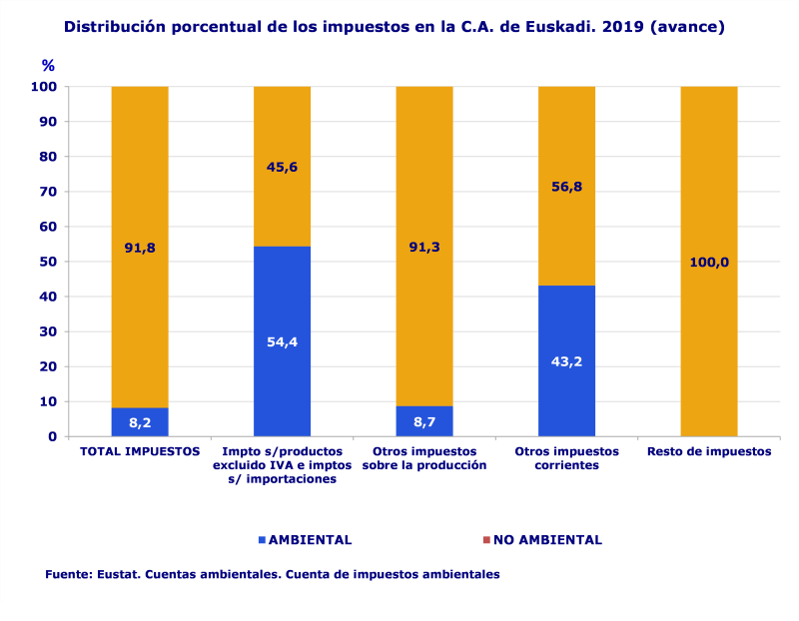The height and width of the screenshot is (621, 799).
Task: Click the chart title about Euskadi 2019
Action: tap(394, 27)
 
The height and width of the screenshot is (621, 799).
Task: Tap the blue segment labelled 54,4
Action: tap(282, 341)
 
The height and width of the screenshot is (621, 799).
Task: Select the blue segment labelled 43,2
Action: tap(566, 360)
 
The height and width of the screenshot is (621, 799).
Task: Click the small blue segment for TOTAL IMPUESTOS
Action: tap(140, 422)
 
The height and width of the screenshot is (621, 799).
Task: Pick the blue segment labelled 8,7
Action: tap(424, 421)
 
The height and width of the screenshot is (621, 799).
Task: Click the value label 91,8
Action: tap(140, 248)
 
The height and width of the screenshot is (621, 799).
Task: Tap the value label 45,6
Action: tap(282, 167)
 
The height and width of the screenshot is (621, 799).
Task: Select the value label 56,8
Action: tap(566, 185)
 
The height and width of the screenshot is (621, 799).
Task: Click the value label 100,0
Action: tap(709, 263)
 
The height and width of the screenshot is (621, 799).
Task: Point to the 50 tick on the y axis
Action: tap(47, 262)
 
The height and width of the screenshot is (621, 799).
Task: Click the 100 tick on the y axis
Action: tap(43, 87)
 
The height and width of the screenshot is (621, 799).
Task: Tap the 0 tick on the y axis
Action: tap(52, 436)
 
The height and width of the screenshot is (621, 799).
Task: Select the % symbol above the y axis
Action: tap(48, 65)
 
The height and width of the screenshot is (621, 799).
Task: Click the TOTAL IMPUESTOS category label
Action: tap(140, 451)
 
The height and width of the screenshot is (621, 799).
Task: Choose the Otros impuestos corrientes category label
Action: tap(566, 458)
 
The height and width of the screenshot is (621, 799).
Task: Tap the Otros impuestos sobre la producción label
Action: tap(424, 458)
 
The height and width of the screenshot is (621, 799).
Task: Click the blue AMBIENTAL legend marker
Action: tap(263, 540)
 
